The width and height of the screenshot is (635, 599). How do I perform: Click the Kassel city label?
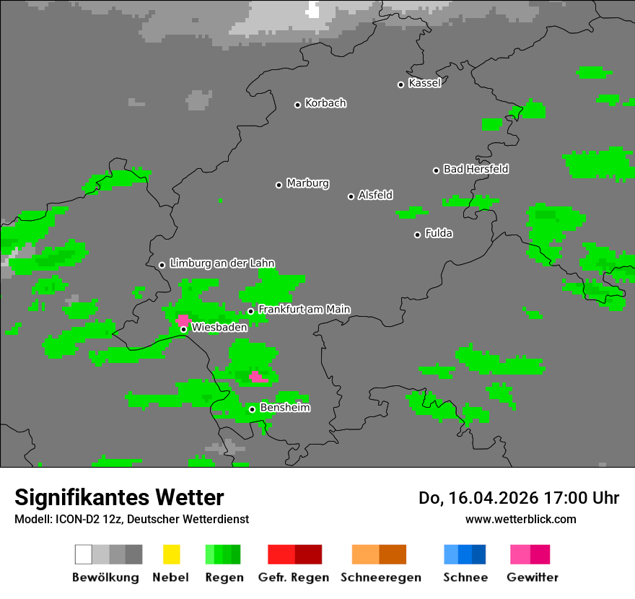(x=424, y=83)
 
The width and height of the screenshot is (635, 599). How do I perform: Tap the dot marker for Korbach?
(x=297, y=105)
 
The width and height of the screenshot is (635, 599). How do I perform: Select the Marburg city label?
(x=307, y=183)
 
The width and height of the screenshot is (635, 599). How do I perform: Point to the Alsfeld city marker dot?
(x=351, y=196)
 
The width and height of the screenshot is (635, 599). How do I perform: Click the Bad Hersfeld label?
(x=476, y=169)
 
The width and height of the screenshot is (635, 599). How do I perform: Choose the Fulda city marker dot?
(x=417, y=235)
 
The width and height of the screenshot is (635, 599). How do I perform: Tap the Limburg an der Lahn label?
(x=222, y=263)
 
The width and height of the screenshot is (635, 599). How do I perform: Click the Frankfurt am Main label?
(x=304, y=310)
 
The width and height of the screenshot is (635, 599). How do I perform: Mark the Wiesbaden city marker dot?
(x=183, y=329)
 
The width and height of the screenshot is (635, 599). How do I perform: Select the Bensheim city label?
(x=284, y=408)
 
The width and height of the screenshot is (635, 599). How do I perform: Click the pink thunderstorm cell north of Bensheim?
(x=256, y=376)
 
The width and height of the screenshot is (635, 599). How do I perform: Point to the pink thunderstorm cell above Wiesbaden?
(x=183, y=319)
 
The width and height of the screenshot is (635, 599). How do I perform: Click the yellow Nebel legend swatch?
(x=171, y=554)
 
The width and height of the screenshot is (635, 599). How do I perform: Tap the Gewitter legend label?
(x=533, y=577)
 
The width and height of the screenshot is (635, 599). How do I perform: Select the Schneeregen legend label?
(x=380, y=577)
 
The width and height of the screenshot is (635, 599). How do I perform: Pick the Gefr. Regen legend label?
(x=294, y=577)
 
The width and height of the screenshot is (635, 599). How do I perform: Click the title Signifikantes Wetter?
(x=119, y=498)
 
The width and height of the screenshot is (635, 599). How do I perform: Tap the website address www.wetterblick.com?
(x=520, y=519)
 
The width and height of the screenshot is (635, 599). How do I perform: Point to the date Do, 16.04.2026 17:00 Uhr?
(x=519, y=498)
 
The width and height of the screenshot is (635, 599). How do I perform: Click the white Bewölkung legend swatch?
(x=84, y=554)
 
